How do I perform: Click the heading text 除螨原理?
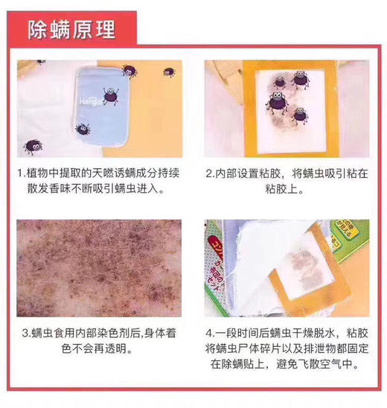71,30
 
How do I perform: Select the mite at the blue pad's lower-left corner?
83,128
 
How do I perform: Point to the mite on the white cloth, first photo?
32,145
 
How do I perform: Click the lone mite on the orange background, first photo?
170,73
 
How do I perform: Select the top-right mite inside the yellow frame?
300,78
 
